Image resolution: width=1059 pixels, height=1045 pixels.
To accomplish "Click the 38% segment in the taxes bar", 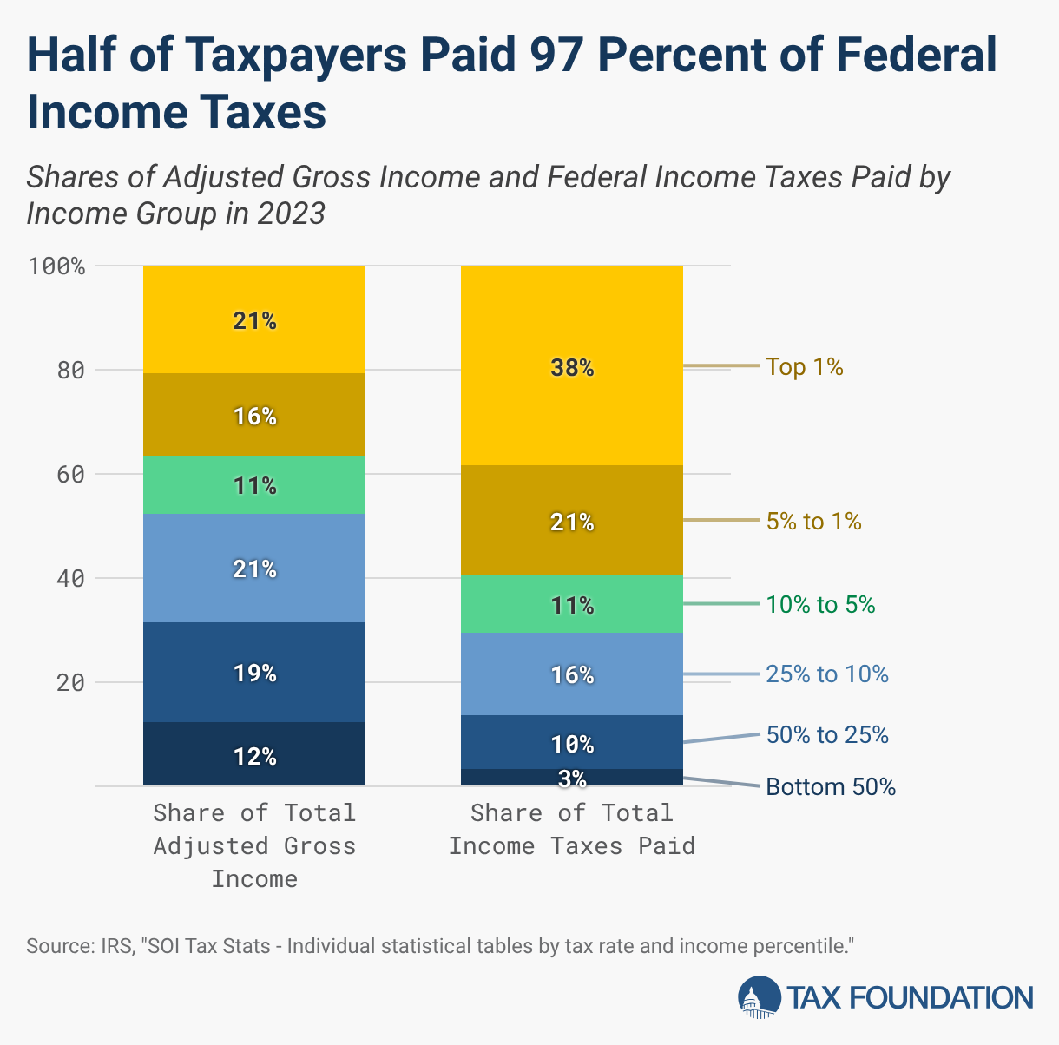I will [x=571, y=368].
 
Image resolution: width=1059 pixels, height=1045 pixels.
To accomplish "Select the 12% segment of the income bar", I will [x=254, y=755].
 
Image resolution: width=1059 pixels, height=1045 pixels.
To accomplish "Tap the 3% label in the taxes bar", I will [x=572, y=779].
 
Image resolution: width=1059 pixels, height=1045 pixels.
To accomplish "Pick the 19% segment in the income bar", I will [x=254, y=673].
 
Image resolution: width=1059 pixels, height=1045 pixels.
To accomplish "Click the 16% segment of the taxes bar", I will [x=571, y=674].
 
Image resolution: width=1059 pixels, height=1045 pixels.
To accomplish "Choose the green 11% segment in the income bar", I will [x=254, y=485].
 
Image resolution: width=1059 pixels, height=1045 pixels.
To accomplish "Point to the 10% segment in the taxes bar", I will [x=571, y=743].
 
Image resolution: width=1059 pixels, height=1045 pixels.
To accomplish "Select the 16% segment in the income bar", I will [x=254, y=416].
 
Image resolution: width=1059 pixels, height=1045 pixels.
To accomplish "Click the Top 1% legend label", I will [x=804, y=367].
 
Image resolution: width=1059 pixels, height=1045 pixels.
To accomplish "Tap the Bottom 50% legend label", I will [x=830, y=787].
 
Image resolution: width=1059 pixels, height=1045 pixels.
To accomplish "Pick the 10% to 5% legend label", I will [x=819, y=605].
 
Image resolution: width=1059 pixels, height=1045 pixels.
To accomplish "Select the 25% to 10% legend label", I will [x=826, y=674].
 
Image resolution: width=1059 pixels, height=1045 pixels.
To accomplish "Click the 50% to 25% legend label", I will [x=826, y=735].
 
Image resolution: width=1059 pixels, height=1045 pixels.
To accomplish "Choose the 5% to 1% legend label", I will [x=813, y=522].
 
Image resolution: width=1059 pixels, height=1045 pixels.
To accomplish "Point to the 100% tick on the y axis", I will [x=57, y=266].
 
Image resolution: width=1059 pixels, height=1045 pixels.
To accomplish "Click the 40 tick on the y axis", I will [x=71, y=579].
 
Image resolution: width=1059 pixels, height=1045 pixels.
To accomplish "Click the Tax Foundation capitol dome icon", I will [x=759, y=997].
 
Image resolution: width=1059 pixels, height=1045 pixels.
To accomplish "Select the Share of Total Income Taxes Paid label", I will [x=571, y=829].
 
